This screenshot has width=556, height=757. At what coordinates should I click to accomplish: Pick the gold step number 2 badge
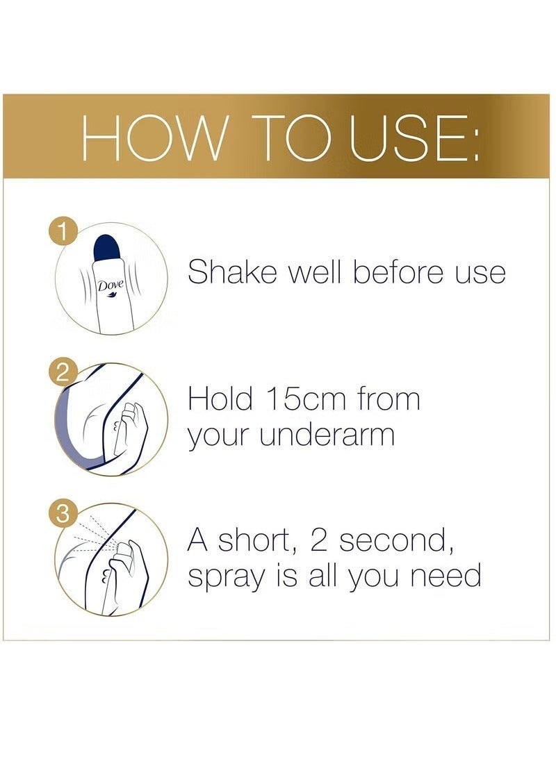[x=65, y=373]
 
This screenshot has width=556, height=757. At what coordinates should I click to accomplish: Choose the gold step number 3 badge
[x=65, y=515]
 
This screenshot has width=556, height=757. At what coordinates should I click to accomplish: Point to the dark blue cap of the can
[x=111, y=248]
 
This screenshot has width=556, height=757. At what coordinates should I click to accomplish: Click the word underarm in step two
[x=328, y=435]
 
